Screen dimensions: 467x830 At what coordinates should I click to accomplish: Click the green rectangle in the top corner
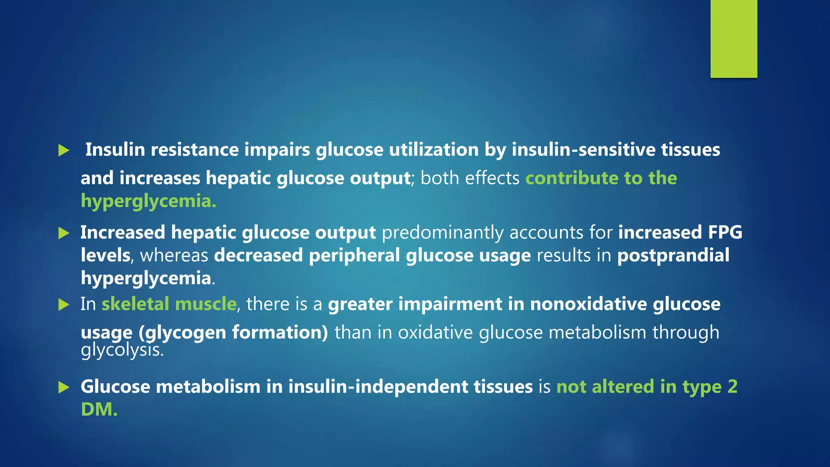(734, 39)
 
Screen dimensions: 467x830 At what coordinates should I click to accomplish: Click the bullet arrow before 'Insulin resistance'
(64, 150)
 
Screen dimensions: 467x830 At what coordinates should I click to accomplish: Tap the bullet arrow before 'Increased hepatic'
(64, 233)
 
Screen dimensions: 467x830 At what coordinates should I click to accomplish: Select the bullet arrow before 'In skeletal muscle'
(64, 304)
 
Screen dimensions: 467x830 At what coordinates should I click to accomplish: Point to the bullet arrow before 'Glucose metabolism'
(64, 387)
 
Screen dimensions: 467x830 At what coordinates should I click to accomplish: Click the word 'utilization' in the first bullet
(434, 150)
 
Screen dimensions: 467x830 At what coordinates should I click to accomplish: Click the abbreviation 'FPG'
(725, 232)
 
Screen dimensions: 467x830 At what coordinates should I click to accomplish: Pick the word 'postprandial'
(673, 255)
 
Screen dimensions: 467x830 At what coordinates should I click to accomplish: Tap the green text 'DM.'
(99, 409)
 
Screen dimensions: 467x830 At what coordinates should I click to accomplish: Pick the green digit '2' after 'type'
(732, 386)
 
